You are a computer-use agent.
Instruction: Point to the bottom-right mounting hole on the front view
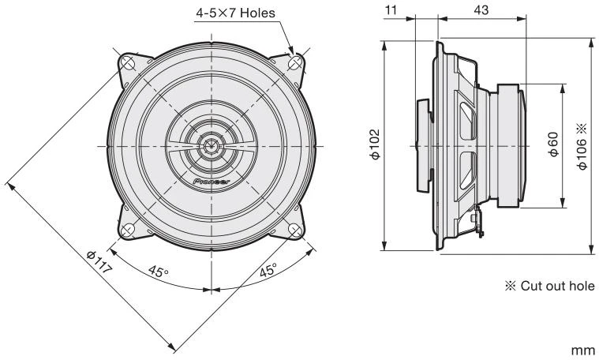pos(295,230)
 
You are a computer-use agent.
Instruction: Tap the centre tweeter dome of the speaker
pos(211,145)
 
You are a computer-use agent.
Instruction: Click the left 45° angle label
pos(158,272)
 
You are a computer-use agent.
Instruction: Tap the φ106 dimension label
pos(582,145)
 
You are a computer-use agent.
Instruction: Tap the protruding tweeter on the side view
pos(423,145)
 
